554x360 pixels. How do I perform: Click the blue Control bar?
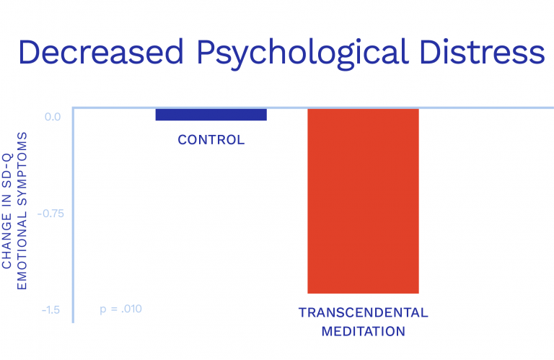211,114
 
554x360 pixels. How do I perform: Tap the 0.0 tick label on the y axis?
52,117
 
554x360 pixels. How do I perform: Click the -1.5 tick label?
50,310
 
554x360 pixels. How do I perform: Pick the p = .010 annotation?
120,309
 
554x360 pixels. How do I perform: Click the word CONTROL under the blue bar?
211,140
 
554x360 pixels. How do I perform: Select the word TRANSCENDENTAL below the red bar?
363,313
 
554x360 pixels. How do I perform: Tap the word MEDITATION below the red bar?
363,332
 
